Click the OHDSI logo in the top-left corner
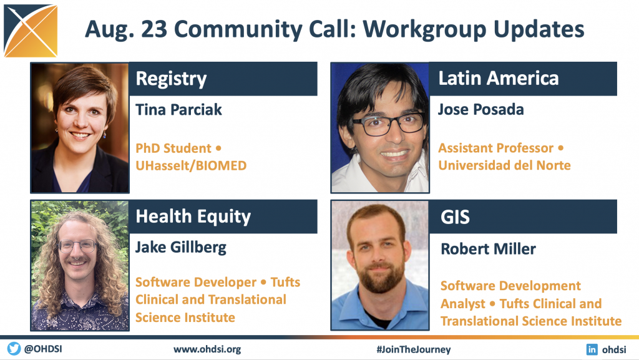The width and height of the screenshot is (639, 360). (31, 31)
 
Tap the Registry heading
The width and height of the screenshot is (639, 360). (171, 79)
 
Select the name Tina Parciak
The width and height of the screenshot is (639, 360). (178, 110)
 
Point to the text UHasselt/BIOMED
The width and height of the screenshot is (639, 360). (191, 166)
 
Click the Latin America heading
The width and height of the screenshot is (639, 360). (499, 78)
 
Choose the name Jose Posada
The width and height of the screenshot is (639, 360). (481, 110)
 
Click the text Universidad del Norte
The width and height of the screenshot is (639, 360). (504, 165)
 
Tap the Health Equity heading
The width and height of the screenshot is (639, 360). (193, 216)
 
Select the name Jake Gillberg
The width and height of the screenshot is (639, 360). (181, 248)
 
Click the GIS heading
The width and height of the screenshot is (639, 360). (455, 217)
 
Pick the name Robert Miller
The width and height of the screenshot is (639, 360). (488, 249)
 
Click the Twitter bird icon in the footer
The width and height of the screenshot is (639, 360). (14, 349)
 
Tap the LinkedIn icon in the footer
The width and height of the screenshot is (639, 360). (592, 349)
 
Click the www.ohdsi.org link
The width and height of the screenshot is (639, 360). (207, 349)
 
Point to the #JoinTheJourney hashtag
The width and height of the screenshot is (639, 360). (414, 349)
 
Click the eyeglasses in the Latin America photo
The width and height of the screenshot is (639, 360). (386, 124)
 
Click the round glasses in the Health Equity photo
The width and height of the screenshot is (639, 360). (77, 246)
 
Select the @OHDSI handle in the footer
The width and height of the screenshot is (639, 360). (43, 349)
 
